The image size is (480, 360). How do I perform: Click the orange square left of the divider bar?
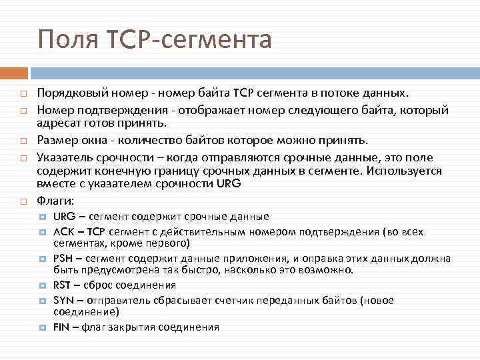pyautogui.click(x=18, y=72)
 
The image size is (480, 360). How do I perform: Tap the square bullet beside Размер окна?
pyautogui.click(x=22, y=141)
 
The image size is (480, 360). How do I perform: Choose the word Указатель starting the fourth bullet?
pyautogui.click(x=65, y=157)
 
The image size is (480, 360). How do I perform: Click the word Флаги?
pyautogui.click(x=55, y=200)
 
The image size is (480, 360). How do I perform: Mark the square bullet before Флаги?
pyautogui.click(x=22, y=201)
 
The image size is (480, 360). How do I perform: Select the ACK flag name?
pyautogui.click(x=63, y=232)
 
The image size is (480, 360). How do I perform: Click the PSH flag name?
pyautogui.click(x=63, y=259)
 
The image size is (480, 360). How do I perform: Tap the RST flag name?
pyautogui.click(x=63, y=285)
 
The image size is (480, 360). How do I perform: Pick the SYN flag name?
pyautogui.click(x=63, y=301)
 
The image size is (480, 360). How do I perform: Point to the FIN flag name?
pyautogui.click(x=61, y=327)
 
